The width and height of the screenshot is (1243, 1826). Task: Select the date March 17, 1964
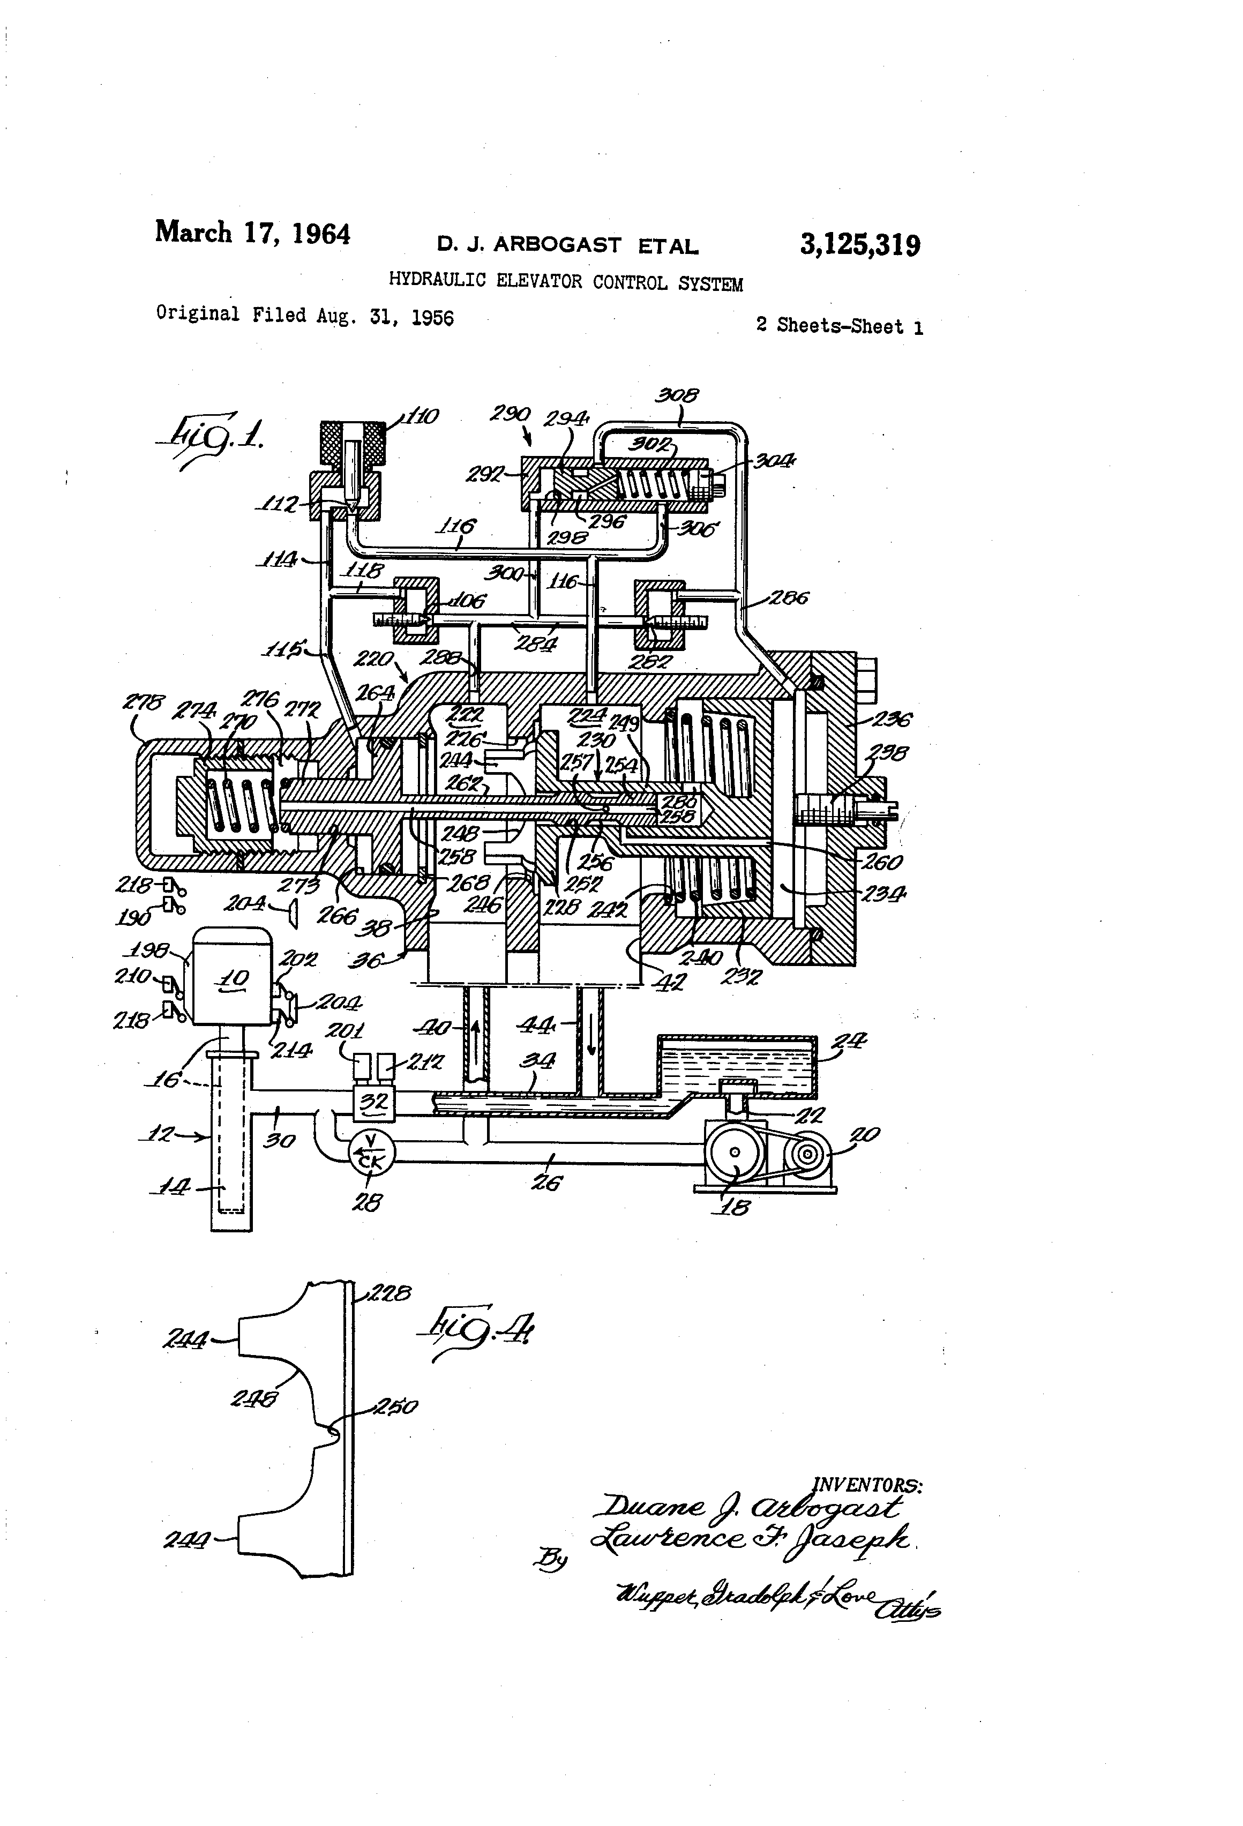252,234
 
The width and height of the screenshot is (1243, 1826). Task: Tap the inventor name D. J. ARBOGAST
529,245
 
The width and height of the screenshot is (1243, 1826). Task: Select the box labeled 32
373,1102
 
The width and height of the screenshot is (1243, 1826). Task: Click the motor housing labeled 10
233,977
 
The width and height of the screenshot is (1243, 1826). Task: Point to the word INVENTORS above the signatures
867,1484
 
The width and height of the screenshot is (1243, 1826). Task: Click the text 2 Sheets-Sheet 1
839,326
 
